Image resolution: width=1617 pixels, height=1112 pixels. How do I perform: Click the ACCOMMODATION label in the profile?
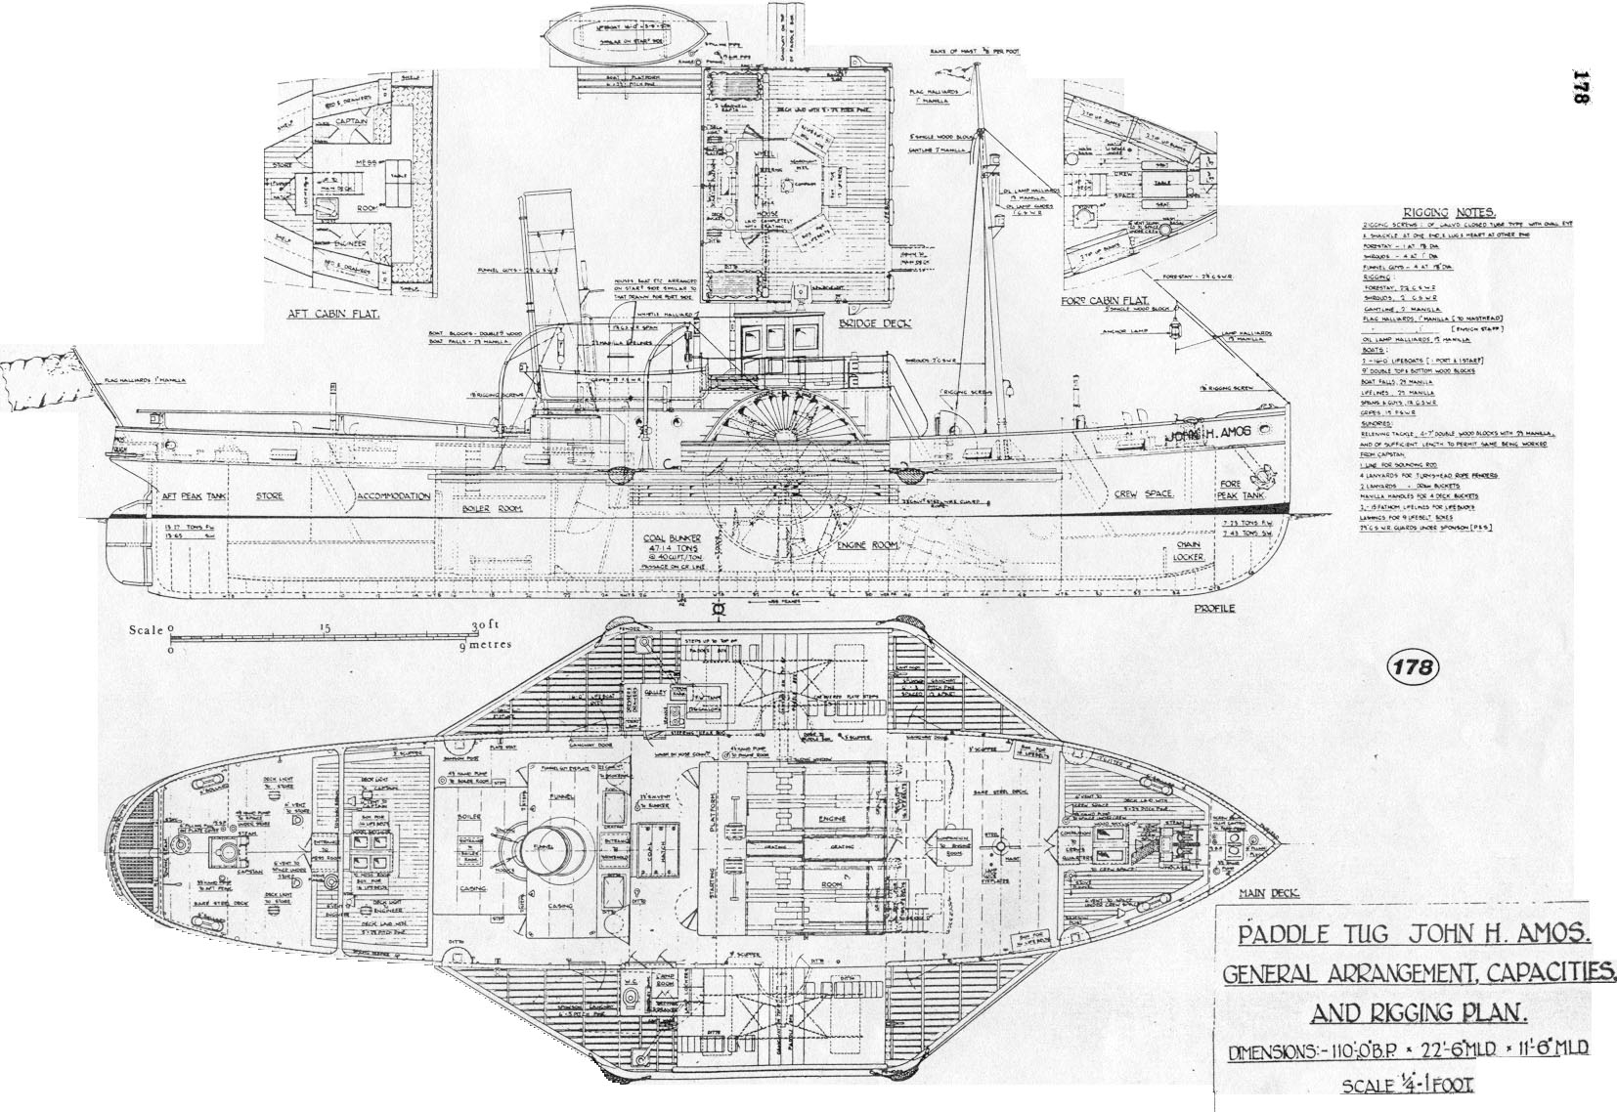(x=393, y=496)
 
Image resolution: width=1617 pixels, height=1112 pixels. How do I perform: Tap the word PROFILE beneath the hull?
(x=1213, y=609)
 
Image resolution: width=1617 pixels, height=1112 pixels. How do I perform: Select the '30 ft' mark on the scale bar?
(x=486, y=626)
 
